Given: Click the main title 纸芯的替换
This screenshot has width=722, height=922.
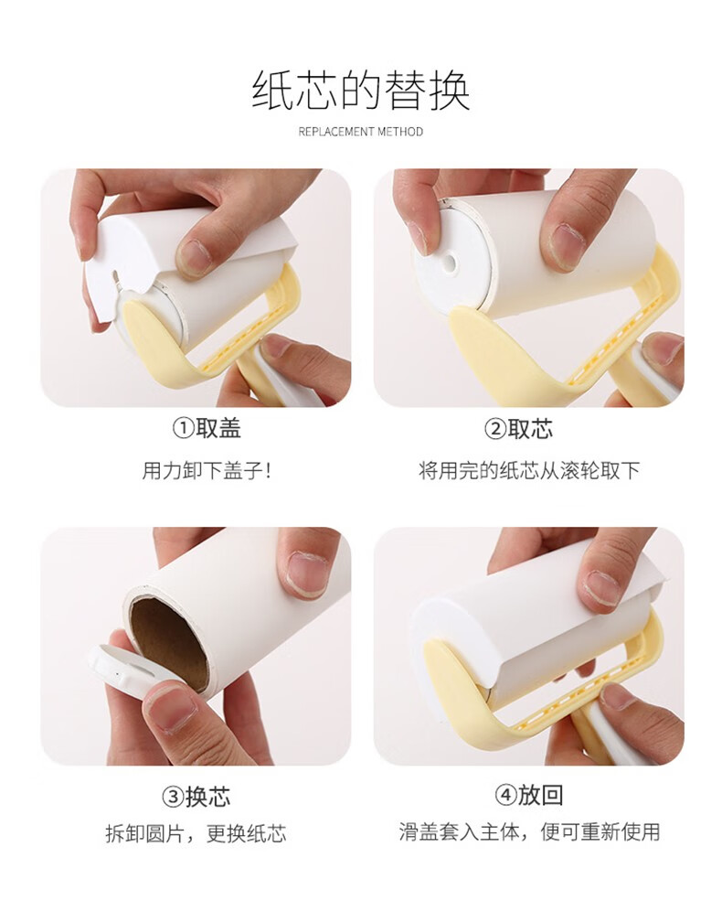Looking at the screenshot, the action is [361, 91].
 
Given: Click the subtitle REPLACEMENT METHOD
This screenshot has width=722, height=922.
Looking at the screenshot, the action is [361, 131].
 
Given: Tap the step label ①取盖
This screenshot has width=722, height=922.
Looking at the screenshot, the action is [207, 428].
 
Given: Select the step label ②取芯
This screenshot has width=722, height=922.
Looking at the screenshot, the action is [519, 429].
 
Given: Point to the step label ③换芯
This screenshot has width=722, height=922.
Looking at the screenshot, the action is [196, 797].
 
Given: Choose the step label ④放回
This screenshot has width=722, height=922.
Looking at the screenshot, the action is [529, 795].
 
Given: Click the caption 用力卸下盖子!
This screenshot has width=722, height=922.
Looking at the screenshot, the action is [207, 470].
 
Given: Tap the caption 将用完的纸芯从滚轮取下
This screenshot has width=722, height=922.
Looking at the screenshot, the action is [529, 470].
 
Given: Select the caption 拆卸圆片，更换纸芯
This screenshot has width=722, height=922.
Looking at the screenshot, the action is [196, 833].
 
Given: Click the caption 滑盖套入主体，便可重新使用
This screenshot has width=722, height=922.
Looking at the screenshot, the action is [529, 831].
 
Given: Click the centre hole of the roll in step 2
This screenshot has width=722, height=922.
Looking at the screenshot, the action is [451, 260].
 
